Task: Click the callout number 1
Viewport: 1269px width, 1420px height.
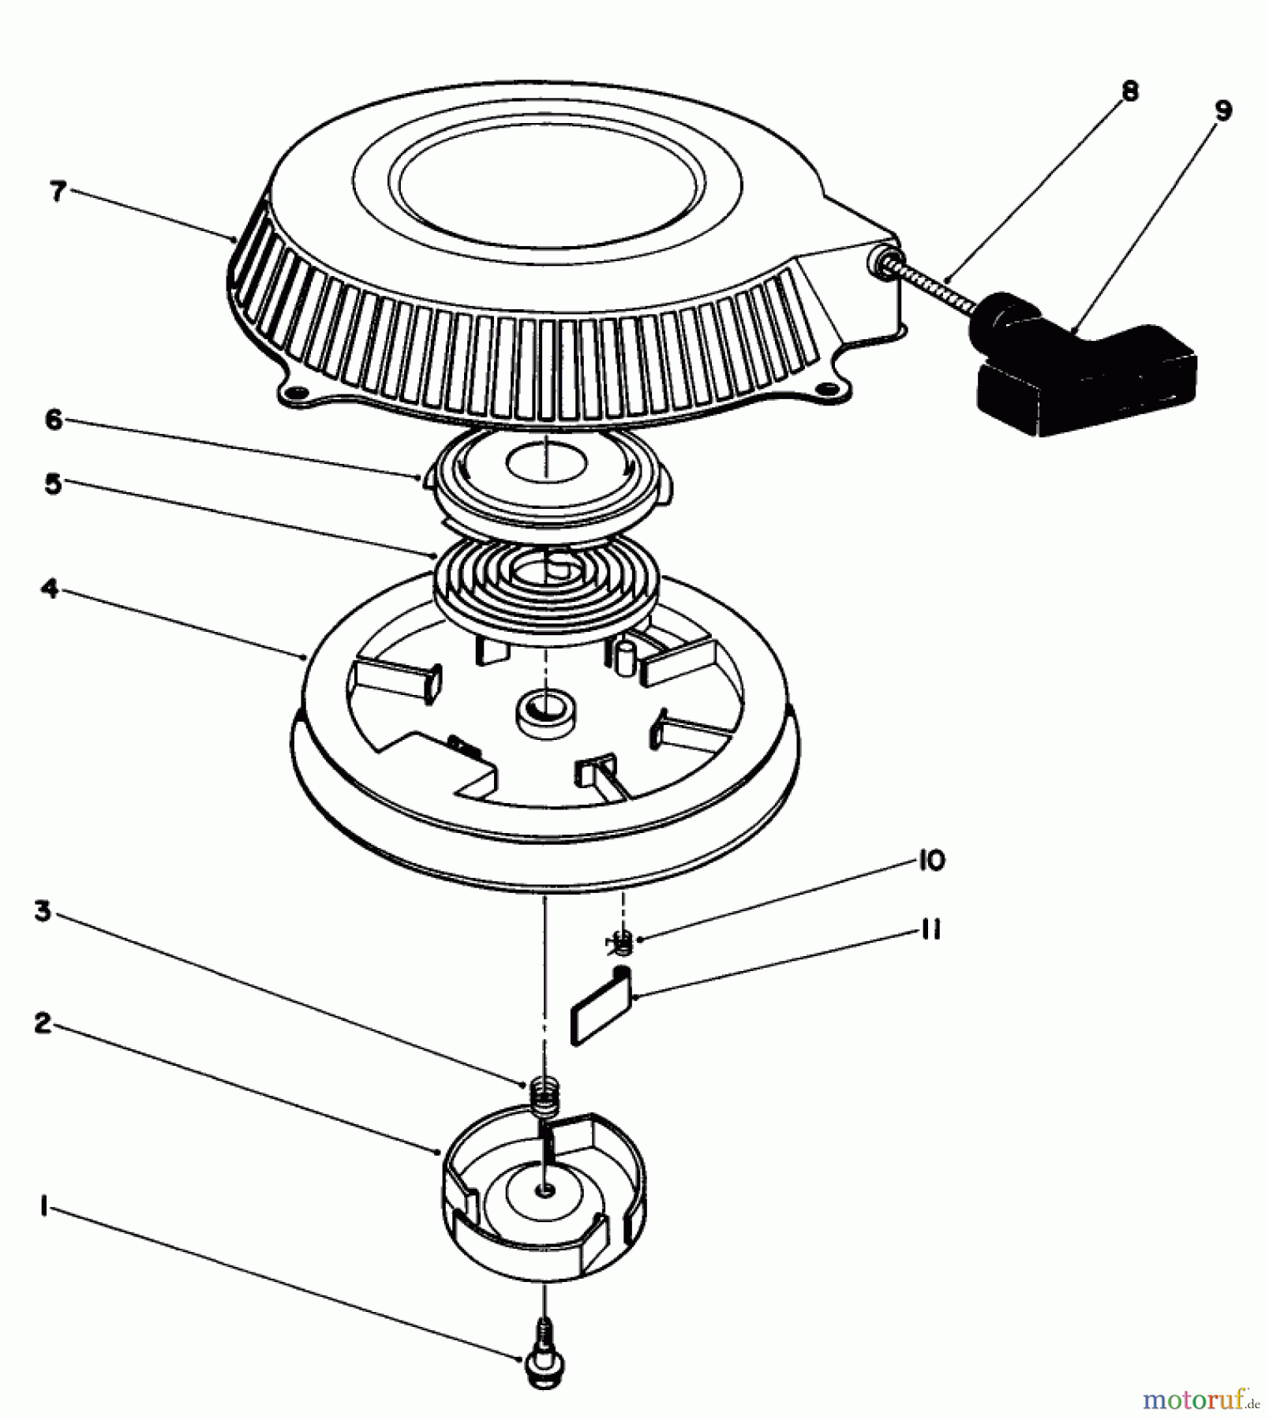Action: tap(45, 1205)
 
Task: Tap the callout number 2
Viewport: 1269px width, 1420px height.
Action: tap(43, 1024)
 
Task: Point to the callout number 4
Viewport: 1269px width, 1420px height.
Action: tap(50, 588)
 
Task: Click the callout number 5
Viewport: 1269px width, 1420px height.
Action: tap(53, 484)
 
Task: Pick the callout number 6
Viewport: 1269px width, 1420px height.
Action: tap(53, 420)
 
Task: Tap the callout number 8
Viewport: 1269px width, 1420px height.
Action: tap(1130, 92)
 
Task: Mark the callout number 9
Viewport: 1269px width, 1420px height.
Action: tap(1222, 111)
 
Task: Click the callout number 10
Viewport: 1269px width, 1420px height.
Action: tap(932, 860)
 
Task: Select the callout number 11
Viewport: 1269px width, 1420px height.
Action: tap(930, 931)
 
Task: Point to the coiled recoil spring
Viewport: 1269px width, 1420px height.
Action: tap(546, 580)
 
